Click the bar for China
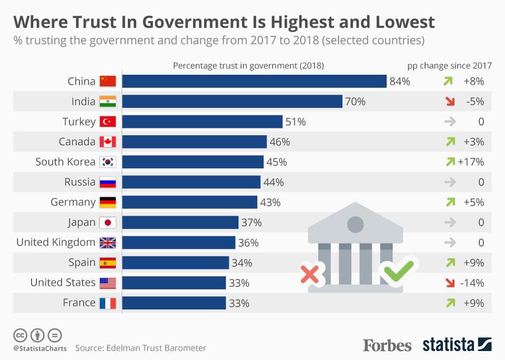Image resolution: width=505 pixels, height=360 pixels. tap(255, 81)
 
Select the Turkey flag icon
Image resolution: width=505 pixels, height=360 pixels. tap(107, 122)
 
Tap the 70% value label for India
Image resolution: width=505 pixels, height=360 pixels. tap(355, 102)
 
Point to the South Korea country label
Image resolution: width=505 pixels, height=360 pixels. tap(65, 162)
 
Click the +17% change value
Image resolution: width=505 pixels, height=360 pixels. tap(471, 162)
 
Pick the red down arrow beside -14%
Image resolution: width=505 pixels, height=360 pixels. tap(449, 283)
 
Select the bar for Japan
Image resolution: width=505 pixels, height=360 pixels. tap(180, 222)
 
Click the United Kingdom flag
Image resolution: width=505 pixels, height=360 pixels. tap(107, 243)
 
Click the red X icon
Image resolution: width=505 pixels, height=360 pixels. tap(310, 274)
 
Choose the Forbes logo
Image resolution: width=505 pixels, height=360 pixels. tap(387, 345)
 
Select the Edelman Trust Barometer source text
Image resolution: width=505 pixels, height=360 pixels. tap(140, 348)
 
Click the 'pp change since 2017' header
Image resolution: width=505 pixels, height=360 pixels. tap(449, 66)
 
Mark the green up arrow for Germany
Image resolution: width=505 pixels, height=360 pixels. tap(450, 202)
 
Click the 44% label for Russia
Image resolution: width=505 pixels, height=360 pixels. tap(273, 182)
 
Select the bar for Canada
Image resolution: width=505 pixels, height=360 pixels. tap(194, 142)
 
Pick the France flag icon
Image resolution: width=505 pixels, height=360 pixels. tap(107, 303)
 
